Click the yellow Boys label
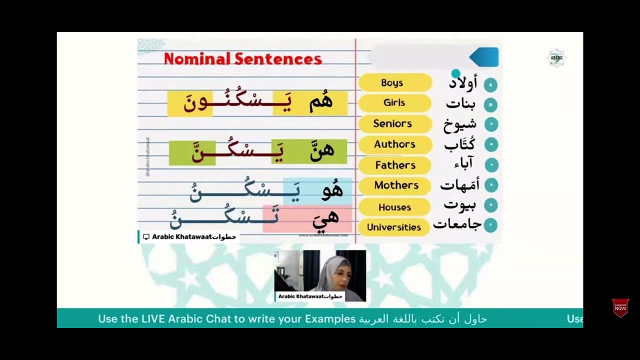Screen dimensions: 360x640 (x=394, y=83)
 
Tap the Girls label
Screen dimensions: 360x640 (x=394, y=103)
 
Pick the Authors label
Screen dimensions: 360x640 (x=394, y=144)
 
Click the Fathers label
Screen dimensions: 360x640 (x=395, y=165)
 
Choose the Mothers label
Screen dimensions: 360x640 (x=396, y=185)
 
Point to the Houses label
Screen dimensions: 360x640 (x=394, y=207)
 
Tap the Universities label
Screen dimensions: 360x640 (x=394, y=227)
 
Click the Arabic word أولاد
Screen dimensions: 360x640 (x=462, y=83)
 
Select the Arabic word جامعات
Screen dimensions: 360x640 (x=457, y=224)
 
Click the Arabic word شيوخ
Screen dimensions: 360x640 (x=460, y=124)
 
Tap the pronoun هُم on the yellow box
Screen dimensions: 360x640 (x=320, y=102)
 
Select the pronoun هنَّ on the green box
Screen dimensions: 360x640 (x=321, y=151)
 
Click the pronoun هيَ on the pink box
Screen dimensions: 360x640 (x=325, y=217)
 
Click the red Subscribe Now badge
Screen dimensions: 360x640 (x=620, y=307)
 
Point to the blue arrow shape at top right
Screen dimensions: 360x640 (x=484, y=57)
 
